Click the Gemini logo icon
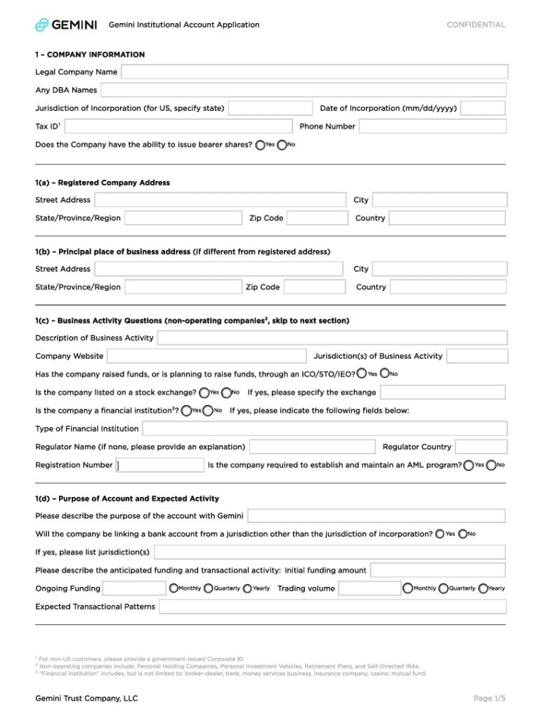[x=42, y=25]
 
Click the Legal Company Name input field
[x=314, y=72]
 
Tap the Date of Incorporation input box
[x=483, y=108]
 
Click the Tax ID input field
[x=178, y=126]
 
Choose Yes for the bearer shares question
[x=261, y=145]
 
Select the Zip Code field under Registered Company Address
[x=316, y=218]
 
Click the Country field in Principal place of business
[x=448, y=287]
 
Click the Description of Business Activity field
[x=332, y=338]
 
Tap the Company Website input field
[x=207, y=356]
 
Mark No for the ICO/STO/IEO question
[x=384, y=374]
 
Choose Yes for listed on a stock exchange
[x=204, y=393]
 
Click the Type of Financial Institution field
[x=325, y=428]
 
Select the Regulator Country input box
[x=481, y=447]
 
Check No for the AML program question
[x=491, y=465]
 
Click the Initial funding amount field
[x=438, y=570]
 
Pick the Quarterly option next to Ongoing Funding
[x=209, y=588]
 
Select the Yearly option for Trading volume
[x=483, y=588]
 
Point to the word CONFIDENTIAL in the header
[x=476, y=25]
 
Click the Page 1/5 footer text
[x=489, y=698]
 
